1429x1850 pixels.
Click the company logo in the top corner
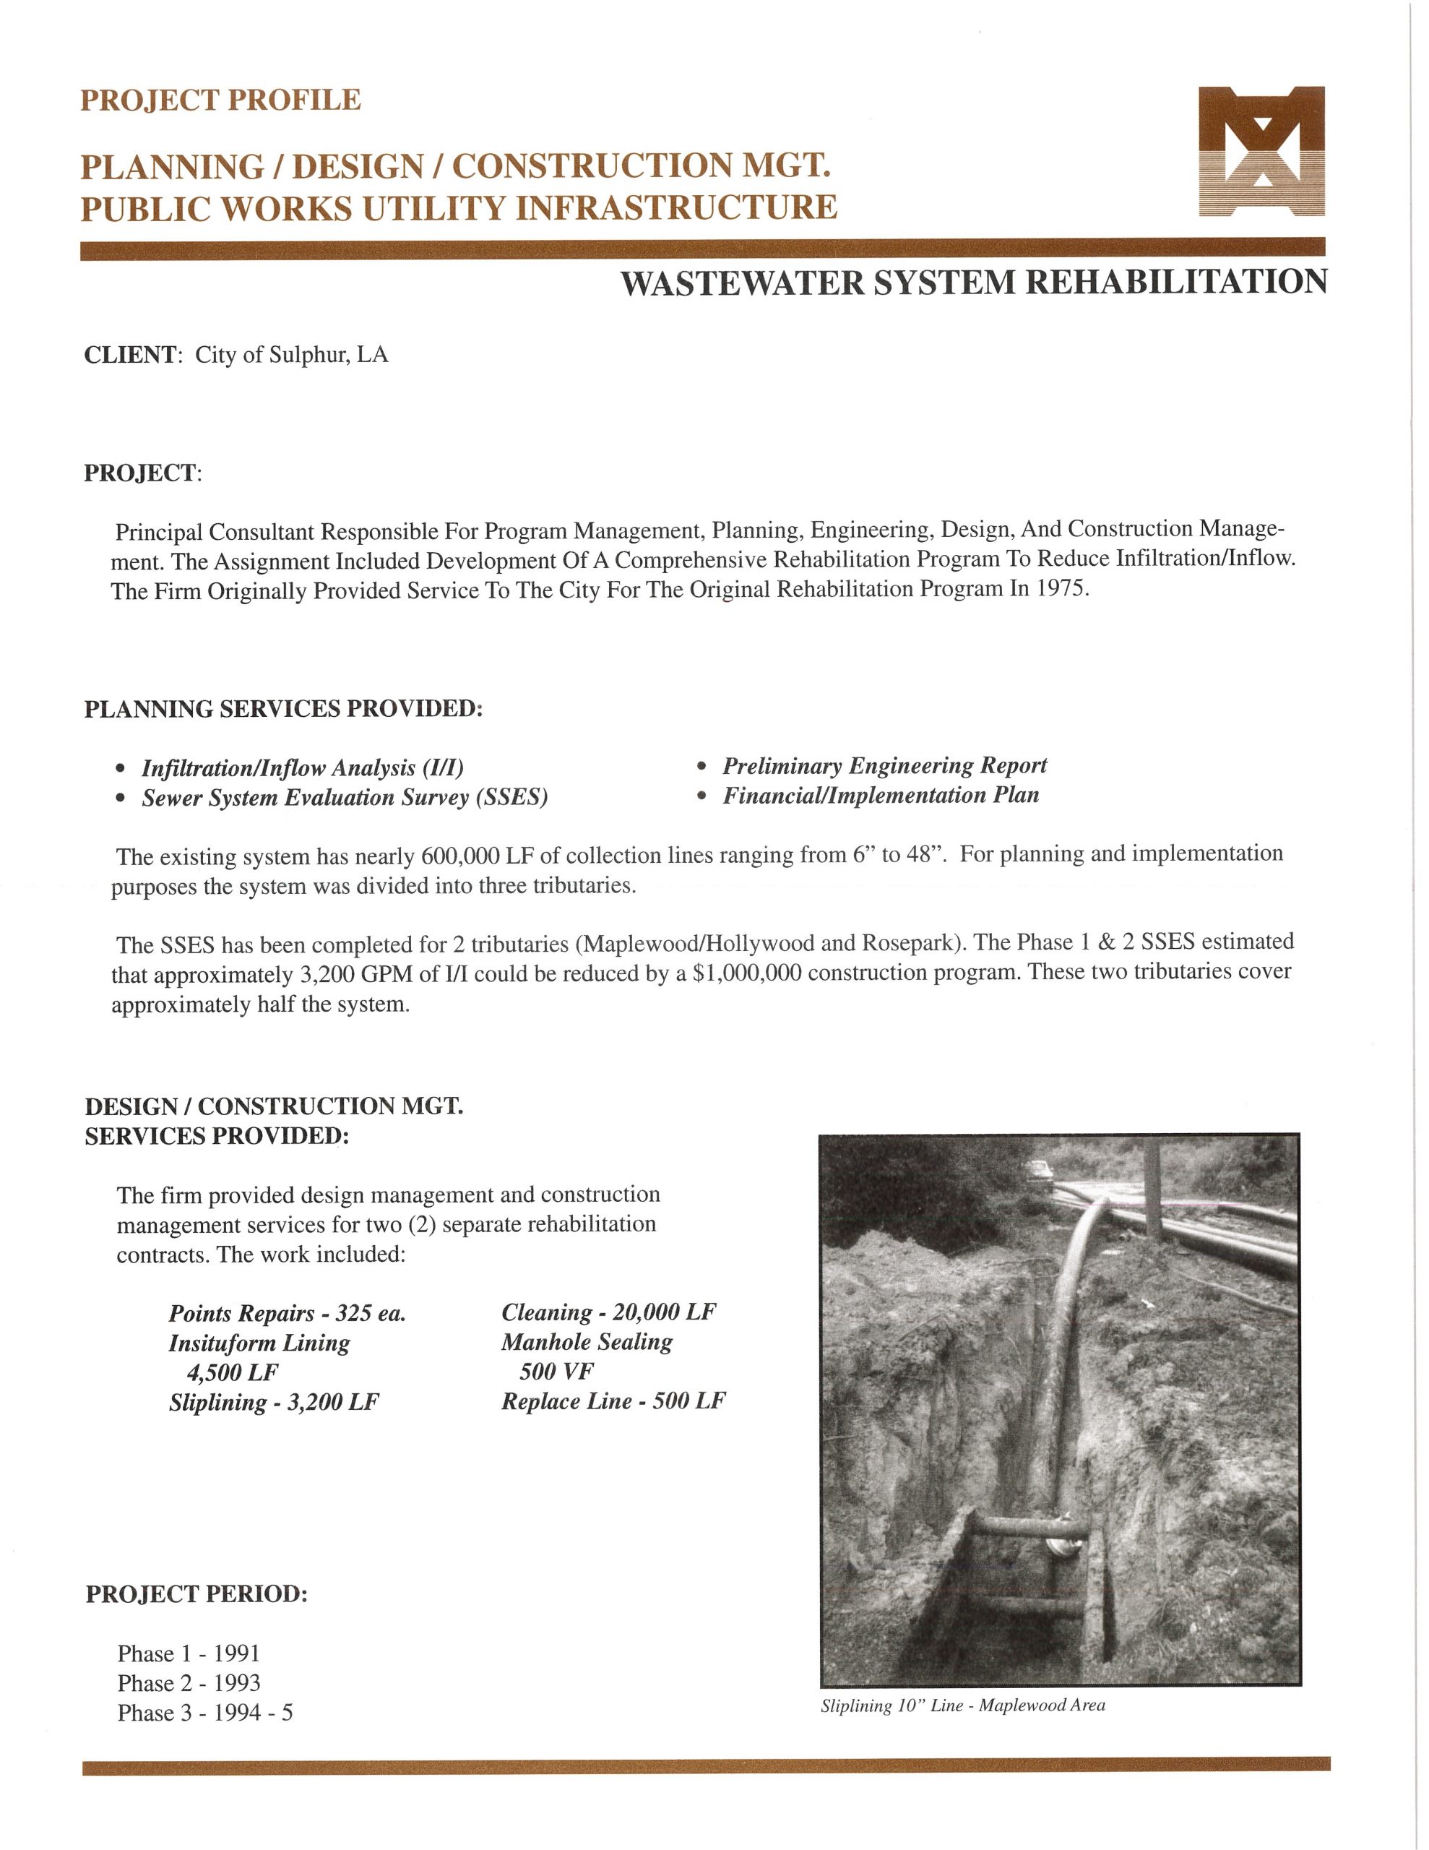(1261, 152)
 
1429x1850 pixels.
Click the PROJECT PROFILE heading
(220, 100)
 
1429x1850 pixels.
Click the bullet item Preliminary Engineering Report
(884, 766)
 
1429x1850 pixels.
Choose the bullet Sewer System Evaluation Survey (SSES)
(344, 798)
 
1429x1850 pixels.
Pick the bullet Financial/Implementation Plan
(880, 796)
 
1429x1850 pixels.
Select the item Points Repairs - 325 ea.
(287, 1313)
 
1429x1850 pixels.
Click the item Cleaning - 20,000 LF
(608, 1312)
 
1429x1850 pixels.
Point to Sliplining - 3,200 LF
(274, 1402)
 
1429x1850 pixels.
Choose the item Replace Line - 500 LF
(613, 1401)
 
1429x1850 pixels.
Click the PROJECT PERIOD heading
(197, 1594)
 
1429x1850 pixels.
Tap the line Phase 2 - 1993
(189, 1683)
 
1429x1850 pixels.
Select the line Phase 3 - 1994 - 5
(205, 1713)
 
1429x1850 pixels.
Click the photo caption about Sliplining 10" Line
(962, 1706)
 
